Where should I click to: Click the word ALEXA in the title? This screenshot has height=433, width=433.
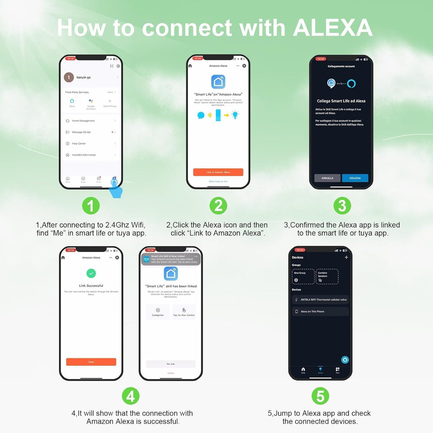pos(333,28)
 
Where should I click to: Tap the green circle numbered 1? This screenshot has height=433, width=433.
pos(91,206)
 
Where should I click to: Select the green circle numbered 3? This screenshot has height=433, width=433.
pos(342,206)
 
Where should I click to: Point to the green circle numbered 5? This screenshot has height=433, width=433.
pos(320,397)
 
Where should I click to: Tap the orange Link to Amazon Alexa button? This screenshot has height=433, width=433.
pos(218,172)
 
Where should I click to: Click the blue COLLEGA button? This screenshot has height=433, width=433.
pos(355,178)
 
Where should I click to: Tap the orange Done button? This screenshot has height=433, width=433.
pos(91,362)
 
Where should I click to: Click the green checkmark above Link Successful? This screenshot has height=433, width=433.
pos(91,273)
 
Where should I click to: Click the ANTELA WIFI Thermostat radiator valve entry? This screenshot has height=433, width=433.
pos(320,299)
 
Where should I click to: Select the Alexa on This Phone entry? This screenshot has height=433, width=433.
pos(320,312)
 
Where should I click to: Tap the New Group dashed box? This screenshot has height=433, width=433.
pos(303,276)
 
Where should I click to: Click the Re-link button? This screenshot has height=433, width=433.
pos(171,364)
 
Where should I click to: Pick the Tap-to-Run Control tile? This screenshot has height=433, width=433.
pos(184,312)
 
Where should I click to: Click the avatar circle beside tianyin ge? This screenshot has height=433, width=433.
pos(69,77)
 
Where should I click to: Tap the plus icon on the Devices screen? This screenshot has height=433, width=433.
pos(346,257)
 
